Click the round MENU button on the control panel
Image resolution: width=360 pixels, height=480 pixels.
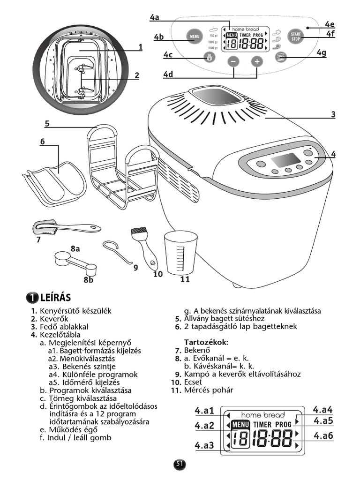click(x=194, y=36)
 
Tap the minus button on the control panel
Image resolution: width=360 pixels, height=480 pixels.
click(x=233, y=61)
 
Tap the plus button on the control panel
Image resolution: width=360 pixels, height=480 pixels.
click(x=257, y=61)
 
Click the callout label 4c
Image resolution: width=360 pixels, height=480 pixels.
click(x=168, y=55)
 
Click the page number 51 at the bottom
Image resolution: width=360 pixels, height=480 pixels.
click(x=180, y=464)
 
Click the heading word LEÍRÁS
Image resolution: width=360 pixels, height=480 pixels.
click(x=55, y=298)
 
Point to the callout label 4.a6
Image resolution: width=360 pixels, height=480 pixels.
click(x=323, y=435)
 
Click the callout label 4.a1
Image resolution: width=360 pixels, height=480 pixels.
click(x=204, y=411)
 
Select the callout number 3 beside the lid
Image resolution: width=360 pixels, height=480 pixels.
click(x=333, y=114)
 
